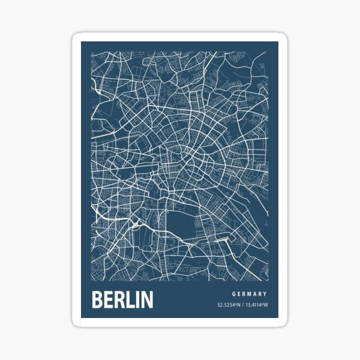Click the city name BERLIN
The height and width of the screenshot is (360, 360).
(122, 299)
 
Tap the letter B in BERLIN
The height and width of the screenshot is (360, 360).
(98, 299)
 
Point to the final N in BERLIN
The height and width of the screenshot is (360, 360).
(146, 299)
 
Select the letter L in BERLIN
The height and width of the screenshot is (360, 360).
(130, 299)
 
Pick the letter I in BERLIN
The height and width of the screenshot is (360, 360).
(137, 299)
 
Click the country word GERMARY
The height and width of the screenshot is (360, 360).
(249, 294)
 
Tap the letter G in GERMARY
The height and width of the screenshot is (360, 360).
(233, 294)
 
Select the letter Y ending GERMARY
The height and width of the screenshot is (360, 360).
(265, 294)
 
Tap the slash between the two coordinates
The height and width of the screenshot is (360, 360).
(244, 305)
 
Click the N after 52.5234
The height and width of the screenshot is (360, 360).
(239, 305)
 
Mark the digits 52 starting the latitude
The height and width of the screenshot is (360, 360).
(220, 305)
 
